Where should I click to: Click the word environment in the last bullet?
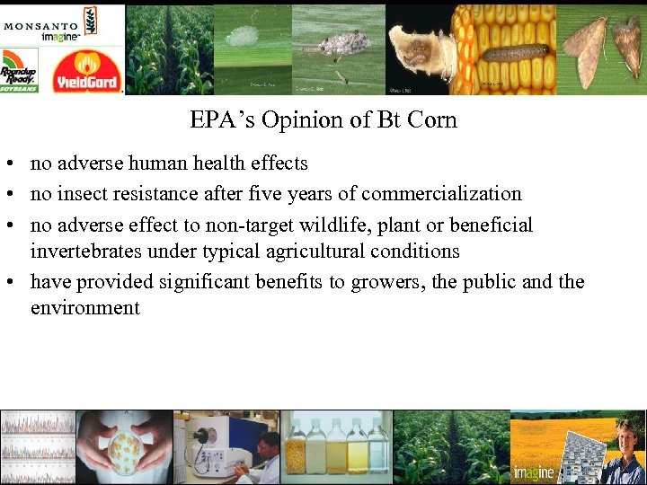(x=85, y=308)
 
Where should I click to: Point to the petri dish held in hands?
(x=122, y=446)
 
